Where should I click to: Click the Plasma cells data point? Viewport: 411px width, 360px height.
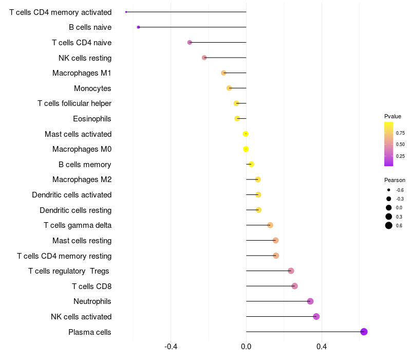click(x=364, y=332)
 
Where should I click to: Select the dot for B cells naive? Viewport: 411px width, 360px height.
click(x=138, y=27)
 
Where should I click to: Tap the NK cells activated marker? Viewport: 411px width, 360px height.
click(x=316, y=316)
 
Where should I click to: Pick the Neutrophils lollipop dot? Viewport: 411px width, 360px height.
click(x=310, y=301)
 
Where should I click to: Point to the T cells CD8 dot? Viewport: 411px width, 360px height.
click(x=294, y=286)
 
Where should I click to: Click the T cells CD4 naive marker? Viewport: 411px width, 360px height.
click(x=190, y=42)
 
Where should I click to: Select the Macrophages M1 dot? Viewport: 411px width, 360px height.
click(x=223, y=73)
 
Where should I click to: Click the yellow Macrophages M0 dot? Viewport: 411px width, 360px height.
click(x=246, y=149)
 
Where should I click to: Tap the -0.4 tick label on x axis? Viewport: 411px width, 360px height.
click(x=171, y=347)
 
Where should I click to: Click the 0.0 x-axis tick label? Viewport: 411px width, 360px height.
click(x=246, y=347)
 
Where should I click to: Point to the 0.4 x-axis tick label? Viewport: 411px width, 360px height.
click(x=322, y=347)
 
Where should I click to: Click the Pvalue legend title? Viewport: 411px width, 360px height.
click(x=393, y=116)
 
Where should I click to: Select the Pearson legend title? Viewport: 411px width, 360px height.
click(x=395, y=180)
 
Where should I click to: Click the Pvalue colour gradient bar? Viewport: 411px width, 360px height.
click(x=389, y=144)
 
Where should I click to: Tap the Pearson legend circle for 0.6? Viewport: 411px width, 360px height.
click(x=389, y=225)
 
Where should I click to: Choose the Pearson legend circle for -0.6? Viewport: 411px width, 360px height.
click(x=389, y=190)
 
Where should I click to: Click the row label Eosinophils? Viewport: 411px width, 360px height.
click(x=92, y=119)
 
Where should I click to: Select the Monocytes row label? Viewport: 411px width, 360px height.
click(x=92, y=88)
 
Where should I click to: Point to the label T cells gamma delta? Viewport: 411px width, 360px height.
click(x=78, y=225)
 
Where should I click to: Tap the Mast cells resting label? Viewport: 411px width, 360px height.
click(x=82, y=241)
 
